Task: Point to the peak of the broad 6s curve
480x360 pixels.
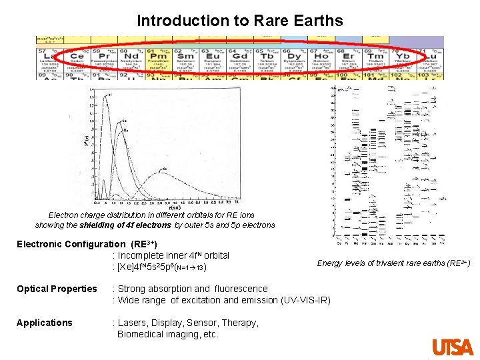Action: coord(163,171)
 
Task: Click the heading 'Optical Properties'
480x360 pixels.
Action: coord(57,289)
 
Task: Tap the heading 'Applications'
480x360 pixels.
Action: coord(45,323)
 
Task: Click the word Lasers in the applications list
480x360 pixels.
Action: coord(133,323)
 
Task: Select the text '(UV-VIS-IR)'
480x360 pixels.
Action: coord(303,300)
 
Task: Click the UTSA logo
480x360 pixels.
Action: coord(453,347)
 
